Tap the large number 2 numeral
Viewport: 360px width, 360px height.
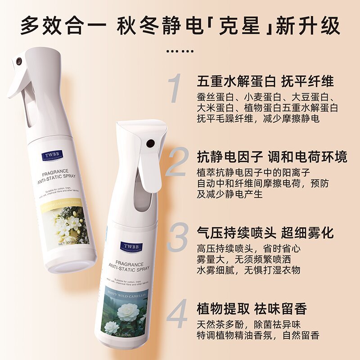tap(177, 162)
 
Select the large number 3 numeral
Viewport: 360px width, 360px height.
tap(176, 239)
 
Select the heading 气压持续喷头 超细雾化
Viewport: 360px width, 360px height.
tap(265, 233)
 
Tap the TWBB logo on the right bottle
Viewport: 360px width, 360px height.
tap(131, 247)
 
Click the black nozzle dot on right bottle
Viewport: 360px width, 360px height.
tap(150, 144)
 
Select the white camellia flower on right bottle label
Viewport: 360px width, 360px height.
tap(127, 312)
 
